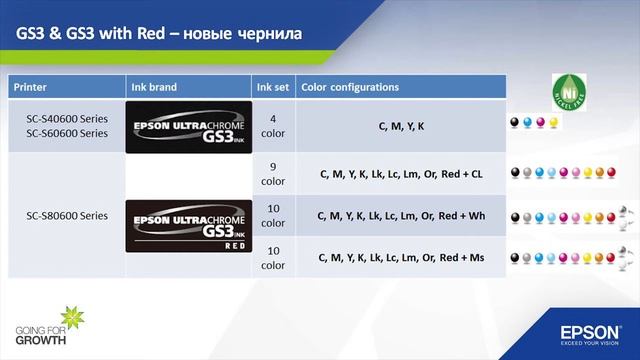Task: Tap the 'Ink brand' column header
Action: tap(155, 87)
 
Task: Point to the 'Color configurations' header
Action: tap(350, 87)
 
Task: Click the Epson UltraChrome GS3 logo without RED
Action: tap(187, 126)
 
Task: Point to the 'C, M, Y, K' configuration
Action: tap(401, 126)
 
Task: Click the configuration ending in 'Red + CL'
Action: tap(400, 174)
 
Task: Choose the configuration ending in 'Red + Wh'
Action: tap(400, 215)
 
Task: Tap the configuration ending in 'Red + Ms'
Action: tap(400, 257)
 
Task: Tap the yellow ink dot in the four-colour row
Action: tap(553, 121)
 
